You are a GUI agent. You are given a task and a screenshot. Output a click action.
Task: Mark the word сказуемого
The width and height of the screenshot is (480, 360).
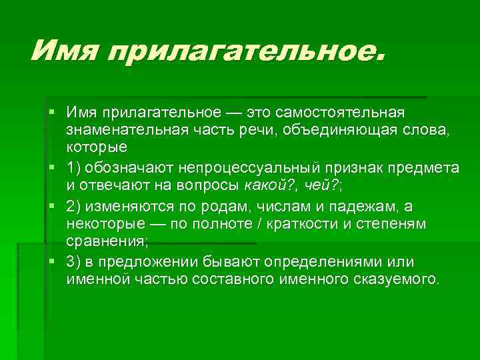click(x=397, y=279)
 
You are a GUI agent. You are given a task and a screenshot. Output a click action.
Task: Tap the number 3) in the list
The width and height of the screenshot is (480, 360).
click(x=74, y=261)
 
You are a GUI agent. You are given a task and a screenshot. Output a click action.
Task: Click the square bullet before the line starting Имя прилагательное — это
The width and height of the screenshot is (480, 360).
click(x=51, y=109)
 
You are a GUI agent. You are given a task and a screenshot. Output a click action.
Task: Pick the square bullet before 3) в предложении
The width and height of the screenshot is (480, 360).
click(x=51, y=260)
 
